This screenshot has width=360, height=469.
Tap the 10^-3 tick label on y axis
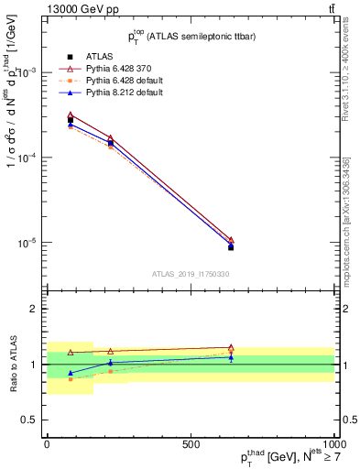27,72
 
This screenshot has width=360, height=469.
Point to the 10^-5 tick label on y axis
27,243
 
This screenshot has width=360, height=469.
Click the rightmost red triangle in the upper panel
231,240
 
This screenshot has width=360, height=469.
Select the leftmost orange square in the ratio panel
71,378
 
